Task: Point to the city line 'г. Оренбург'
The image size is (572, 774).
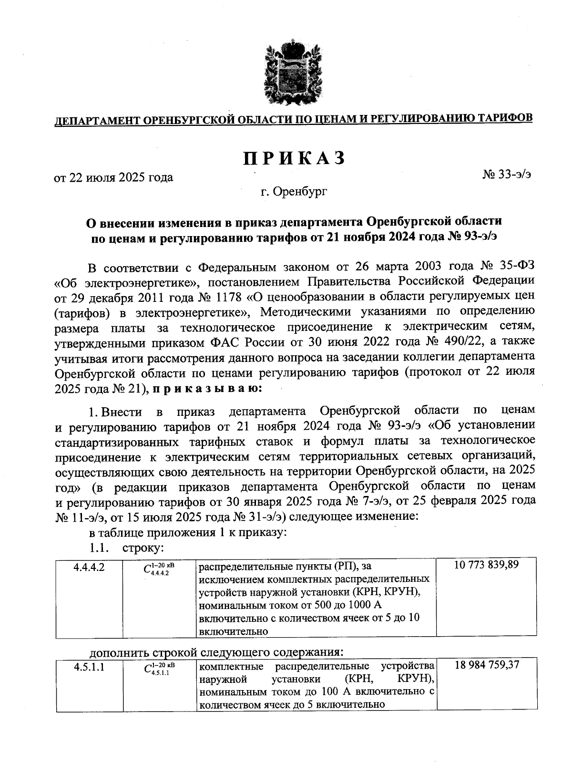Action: (x=294, y=192)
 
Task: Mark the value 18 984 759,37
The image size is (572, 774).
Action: (x=487, y=665)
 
